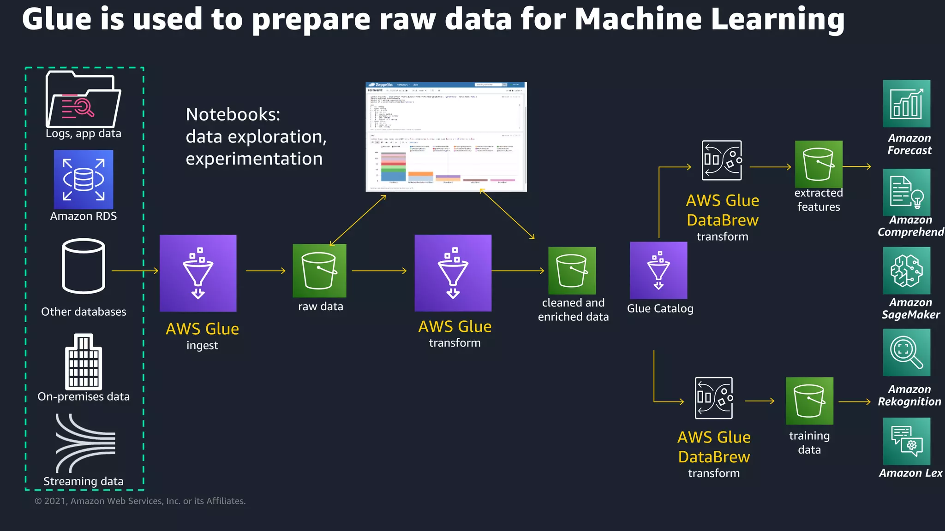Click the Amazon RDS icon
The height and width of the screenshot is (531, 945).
(84, 180)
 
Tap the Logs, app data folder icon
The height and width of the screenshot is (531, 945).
(83, 100)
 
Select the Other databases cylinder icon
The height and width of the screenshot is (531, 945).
(84, 266)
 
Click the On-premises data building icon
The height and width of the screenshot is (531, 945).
(84, 362)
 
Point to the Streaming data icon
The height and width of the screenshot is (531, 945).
(85, 443)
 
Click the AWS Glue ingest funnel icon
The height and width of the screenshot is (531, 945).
(198, 273)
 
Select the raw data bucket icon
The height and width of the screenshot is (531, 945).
(319, 271)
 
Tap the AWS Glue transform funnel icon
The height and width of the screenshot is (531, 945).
(453, 273)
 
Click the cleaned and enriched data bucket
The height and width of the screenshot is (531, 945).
(572, 271)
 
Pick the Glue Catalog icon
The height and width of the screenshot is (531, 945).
(658, 271)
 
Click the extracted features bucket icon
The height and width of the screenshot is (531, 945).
(819, 164)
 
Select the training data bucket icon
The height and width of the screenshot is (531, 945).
(809, 401)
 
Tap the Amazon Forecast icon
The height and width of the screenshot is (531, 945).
(907, 104)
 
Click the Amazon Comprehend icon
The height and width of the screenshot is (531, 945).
(907, 192)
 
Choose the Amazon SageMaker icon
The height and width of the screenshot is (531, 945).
(907, 271)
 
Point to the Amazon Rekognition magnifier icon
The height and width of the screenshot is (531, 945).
(907, 353)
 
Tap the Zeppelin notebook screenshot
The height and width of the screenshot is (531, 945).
(446, 137)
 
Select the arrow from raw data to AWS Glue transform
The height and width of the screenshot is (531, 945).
(379, 271)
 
